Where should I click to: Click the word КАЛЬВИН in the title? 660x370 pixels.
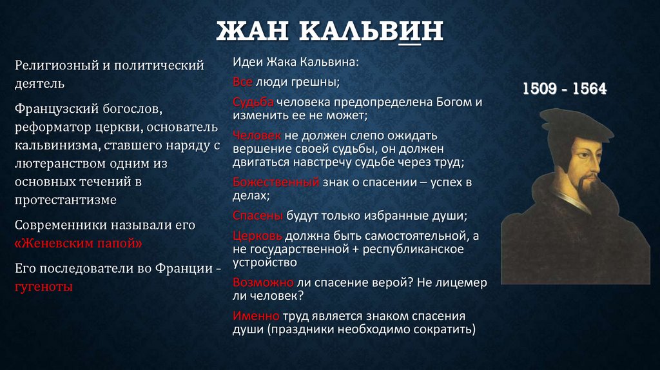click(370, 31)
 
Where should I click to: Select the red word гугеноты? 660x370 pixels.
click(43, 286)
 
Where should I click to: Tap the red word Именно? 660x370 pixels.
click(256, 316)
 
